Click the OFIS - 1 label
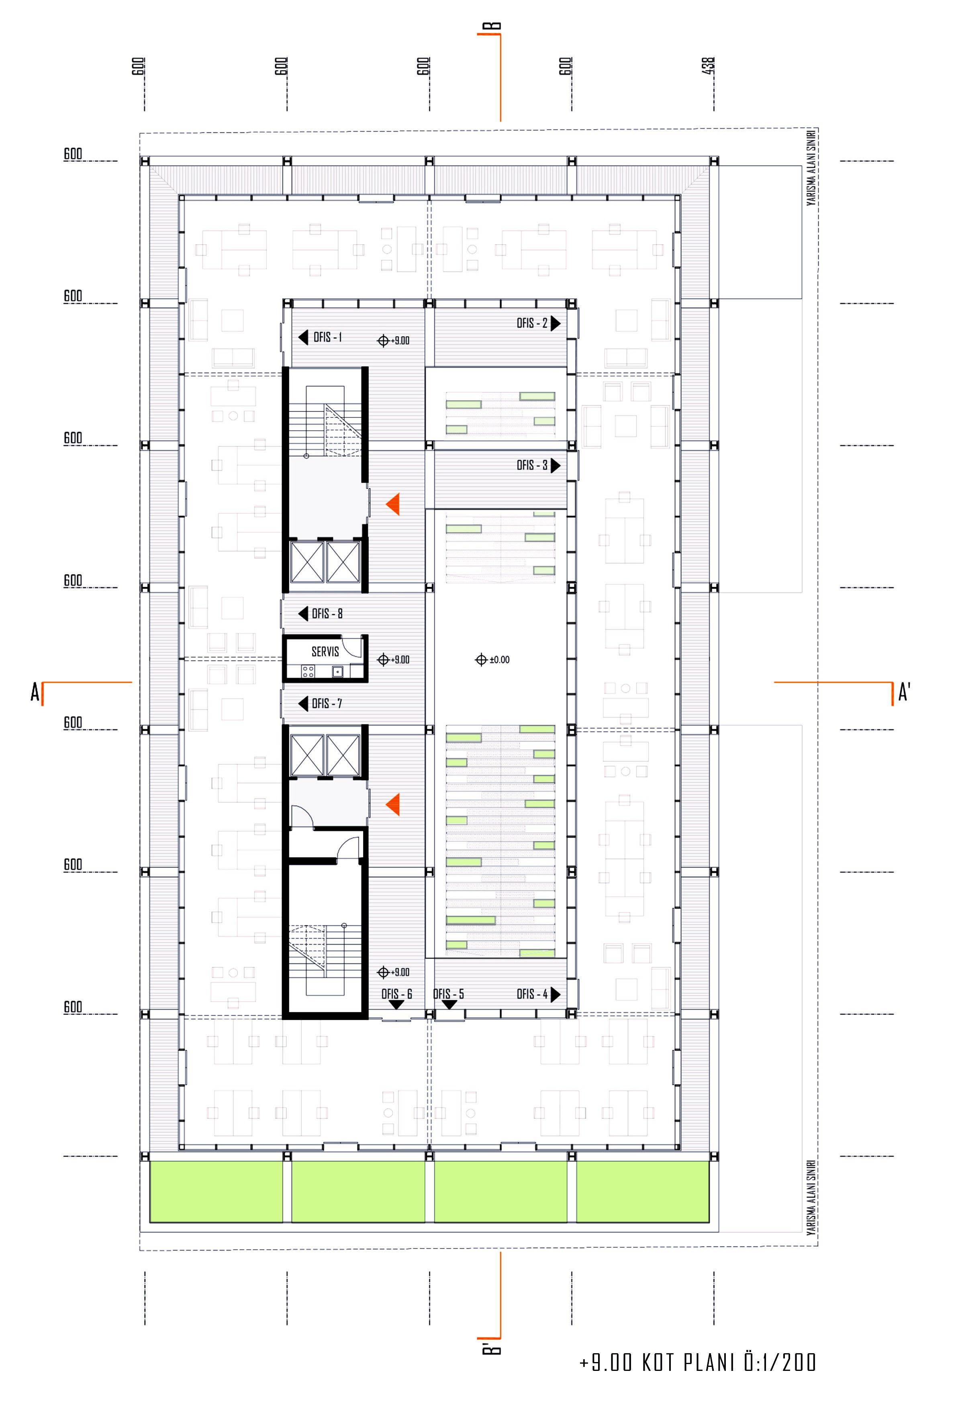click(x=327, y=337)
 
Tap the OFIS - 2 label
click(x=531, y=324)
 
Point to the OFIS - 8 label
click(x=327, y=614)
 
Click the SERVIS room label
click(x=325, y=651)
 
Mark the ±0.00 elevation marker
click(x=492, y=660)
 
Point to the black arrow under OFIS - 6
click(x=396, y=1005)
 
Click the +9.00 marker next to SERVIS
click(x=393, y=660)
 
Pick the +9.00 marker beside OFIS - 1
click(x=393, y=340)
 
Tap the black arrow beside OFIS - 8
click(x=303, y=614)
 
